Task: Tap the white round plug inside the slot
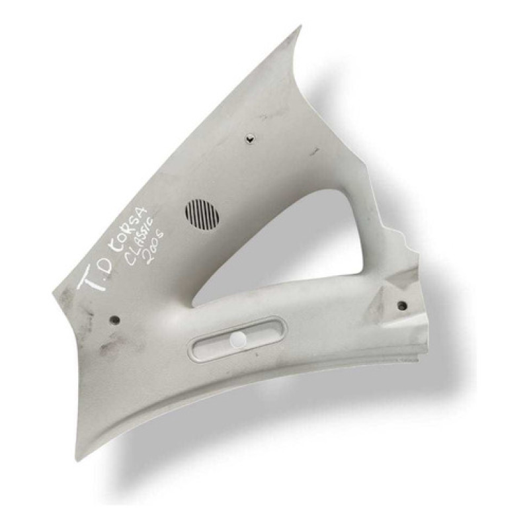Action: tap(239, 338)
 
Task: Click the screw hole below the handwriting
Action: tap(115, 319)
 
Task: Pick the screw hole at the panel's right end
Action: tap(402, 306)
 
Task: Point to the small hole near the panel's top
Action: tap(250, 138)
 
